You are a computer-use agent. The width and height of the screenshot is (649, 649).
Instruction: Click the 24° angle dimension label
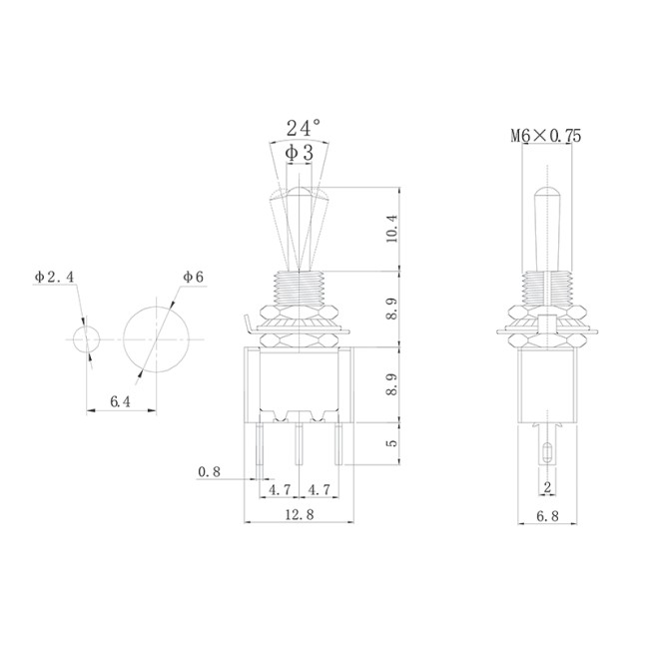point(304,128)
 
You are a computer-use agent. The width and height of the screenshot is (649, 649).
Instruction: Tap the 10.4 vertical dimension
point(391,229)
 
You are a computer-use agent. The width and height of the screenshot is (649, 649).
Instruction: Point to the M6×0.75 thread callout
point(546,135)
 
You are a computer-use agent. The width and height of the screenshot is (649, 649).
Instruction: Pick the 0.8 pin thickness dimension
point(210,470)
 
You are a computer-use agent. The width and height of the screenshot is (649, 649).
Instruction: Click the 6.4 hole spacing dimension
point(120,401)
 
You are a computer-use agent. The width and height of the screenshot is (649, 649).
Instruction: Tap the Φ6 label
point(193,276)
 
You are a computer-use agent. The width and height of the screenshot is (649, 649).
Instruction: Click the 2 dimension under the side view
point(547,488)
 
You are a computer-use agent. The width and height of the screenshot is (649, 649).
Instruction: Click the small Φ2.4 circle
point(87,338)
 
